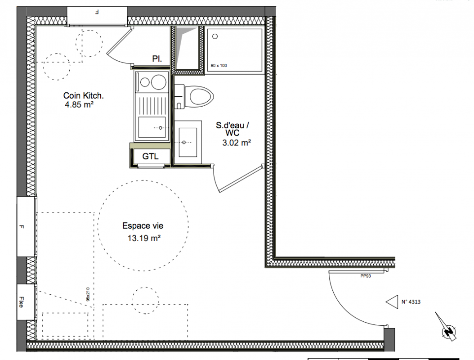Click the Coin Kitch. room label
(84, 95)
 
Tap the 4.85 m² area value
(79, 105)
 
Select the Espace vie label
(143, 226)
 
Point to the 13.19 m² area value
(144, 238)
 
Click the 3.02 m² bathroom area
(237, 143)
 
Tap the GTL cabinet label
(150, 157)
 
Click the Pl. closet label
(157, 58)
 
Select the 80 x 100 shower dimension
(219, 66)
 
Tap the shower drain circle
(215, 36)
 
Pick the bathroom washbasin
(188, 142)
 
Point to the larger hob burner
(159, 82)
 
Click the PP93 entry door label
(366, 276)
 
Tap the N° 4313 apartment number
(411, 301)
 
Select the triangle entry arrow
(392, 302)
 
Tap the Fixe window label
(21, 302)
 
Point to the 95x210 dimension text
(88, 294)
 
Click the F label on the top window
(97, 13)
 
